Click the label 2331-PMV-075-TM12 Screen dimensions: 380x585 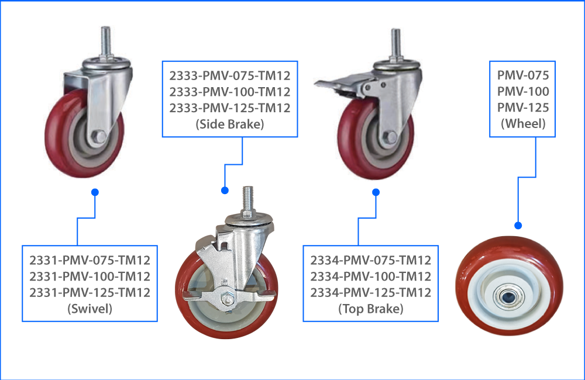coord(90,260)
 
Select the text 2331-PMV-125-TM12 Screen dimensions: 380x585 coord(90,292)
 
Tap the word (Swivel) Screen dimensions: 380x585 coord(90,308)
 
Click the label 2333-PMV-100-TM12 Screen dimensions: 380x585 coord(230,92)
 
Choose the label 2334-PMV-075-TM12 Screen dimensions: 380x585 coord(370,260)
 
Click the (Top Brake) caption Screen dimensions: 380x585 coord(370,309)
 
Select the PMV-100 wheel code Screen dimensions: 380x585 coord(522,92)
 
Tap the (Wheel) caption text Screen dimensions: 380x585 coord(522,123)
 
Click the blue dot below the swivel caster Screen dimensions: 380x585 coord(95,192)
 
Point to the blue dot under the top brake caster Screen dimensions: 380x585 coord(376,192)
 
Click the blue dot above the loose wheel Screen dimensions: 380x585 coord(518,225)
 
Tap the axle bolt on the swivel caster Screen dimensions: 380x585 coord(99,137)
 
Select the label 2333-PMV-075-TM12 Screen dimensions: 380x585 coord(230,75)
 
